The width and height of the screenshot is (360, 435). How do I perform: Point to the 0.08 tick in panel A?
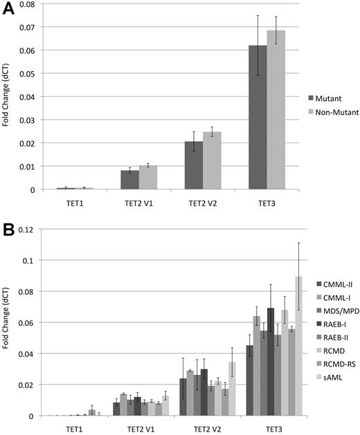(30, 4)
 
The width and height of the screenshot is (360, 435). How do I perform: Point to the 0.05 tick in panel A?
(30, 73)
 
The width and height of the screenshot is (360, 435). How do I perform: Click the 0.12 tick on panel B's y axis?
(29, 230)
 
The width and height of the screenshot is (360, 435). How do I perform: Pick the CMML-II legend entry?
(334, 284)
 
